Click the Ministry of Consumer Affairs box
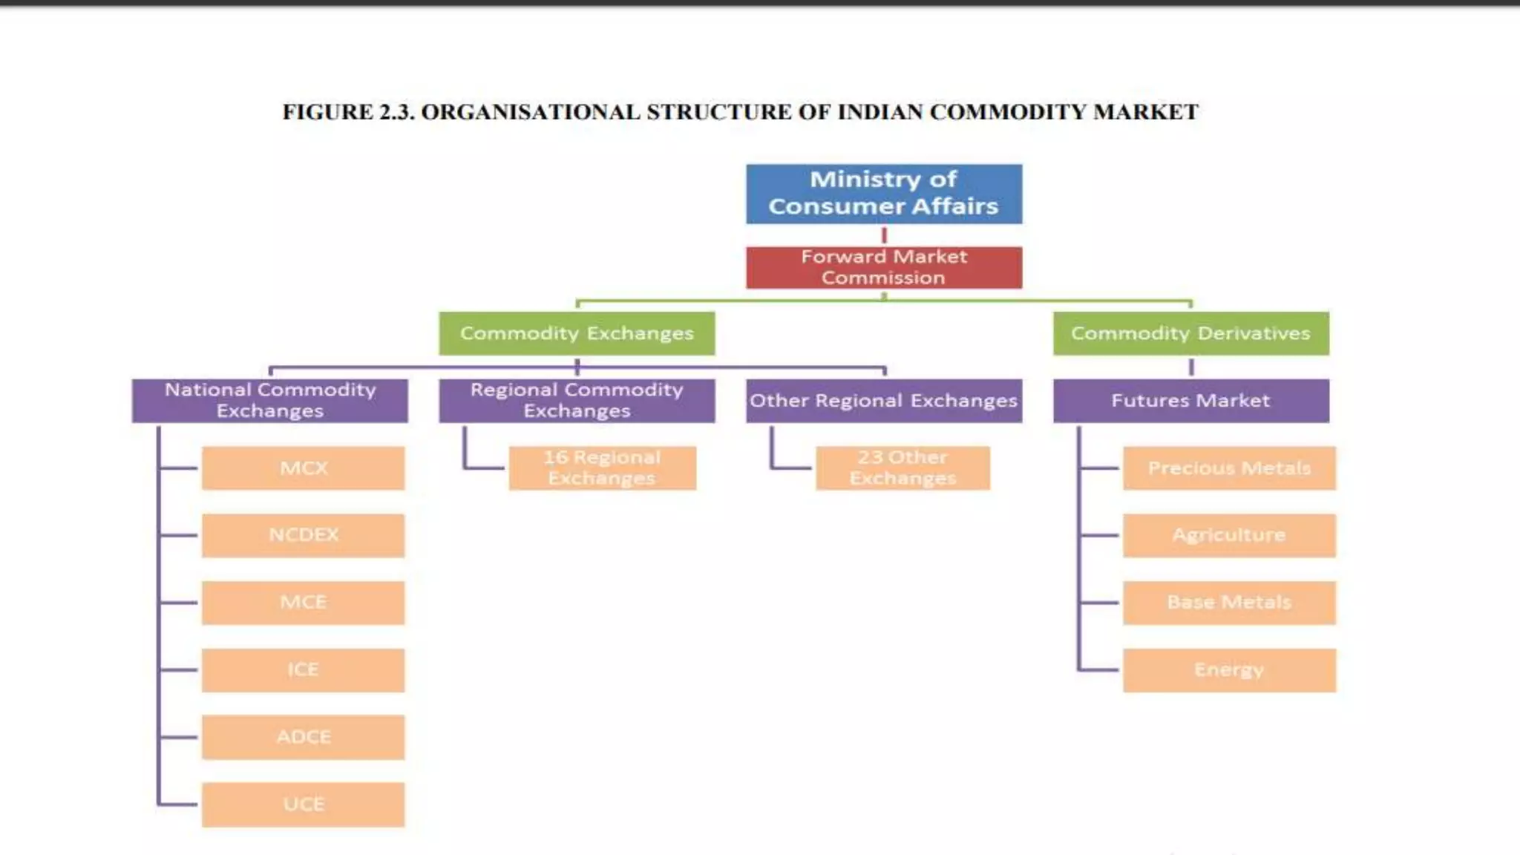(x=884, y=194)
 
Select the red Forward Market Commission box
(x=884, y=267)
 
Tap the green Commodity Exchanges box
(x=577, y=333)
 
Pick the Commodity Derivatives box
(x=1190, y=333)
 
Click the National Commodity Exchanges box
(x=270, y=401)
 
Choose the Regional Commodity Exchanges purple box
(x=577, y=401)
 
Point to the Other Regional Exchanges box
(x=884, y=401)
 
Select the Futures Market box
(x=1190, y=401)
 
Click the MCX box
(x=304, y=468)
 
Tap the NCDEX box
(x=304, y=535)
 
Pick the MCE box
(x=304, y=603)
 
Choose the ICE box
(x=304, y=670)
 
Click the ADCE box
(x=304, y=737)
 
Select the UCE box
(x=304, y=805)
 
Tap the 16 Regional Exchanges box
(x=602, y=468)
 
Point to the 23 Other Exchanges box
(x=902, y=468)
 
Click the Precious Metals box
(x=1229, y=468)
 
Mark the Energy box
(x=1229, y=670)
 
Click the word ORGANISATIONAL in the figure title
(x=531, y=112)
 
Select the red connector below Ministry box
(x=884, y=235)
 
